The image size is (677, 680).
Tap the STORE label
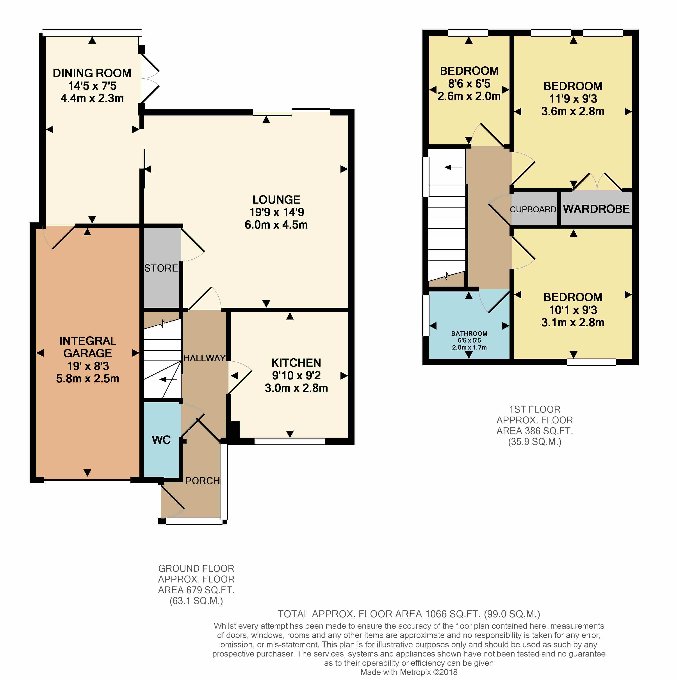[161, 268]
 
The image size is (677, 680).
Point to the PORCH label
[202, 481]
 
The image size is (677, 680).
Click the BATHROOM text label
[469, 333]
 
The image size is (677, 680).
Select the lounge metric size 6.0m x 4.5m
[276, 225]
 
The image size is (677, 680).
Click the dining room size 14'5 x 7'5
[92, 85]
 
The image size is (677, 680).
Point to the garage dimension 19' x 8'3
[88, 366]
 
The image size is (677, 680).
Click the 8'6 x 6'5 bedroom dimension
[469, 83]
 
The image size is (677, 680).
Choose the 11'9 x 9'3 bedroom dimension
[573, 99]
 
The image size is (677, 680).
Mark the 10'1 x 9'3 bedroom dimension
[573, 310]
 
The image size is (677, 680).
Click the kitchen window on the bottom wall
[290, 441]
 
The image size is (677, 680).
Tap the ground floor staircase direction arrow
[168, 379]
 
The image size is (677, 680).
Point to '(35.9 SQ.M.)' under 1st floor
[535, 442]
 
